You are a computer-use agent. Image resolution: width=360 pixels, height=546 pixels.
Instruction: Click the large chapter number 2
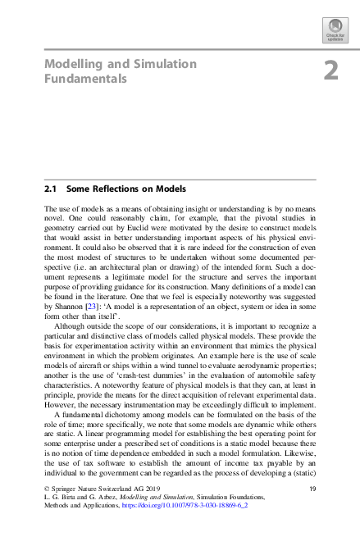tap(330, 71)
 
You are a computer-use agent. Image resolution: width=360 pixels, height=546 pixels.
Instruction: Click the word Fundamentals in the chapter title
tap(85, 80)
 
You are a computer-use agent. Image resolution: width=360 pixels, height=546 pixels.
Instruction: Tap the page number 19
tap(312, 511)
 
